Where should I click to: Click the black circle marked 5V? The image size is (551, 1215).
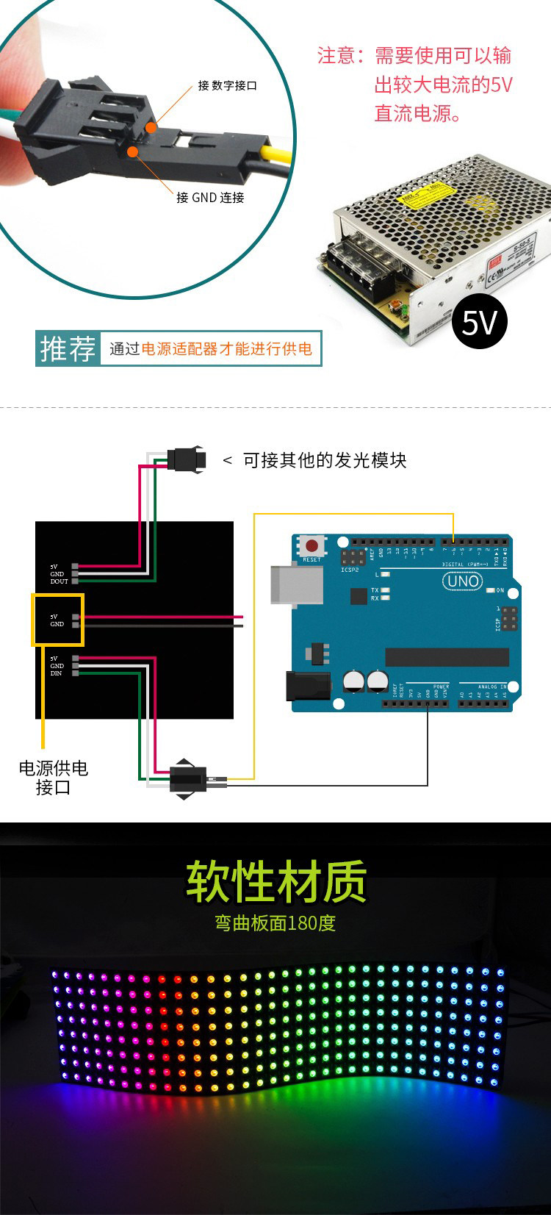tap(480, 322)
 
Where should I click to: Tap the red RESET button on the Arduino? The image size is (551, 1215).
tap(312, 546)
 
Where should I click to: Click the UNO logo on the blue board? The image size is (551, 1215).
tap(462, 581)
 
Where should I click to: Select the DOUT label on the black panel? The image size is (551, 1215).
tap(59, 581)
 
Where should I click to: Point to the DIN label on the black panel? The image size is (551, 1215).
tap(57, 673)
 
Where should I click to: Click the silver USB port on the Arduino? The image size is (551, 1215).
tap(296, 584)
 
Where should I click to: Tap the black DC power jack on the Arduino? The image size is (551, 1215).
tap(308, 687)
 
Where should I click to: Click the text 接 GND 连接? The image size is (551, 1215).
tap(210, 198)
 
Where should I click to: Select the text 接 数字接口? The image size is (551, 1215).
tap(227, 86)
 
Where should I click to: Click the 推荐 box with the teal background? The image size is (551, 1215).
tap(68, 348)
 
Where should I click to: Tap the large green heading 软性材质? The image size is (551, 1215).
tap(275, 881)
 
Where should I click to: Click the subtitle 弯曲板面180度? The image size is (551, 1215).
tap(275, 923)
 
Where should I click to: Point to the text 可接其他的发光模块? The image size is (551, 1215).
tap(324, 460)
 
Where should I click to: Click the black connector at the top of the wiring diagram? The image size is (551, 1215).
tap(186, 460)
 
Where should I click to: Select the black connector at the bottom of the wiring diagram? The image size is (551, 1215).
tap(188, 779)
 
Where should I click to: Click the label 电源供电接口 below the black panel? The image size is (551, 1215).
tap(53, 778)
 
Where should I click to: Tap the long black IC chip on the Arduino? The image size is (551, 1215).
tap(447, 657)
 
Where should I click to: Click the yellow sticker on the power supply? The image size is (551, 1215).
tap(419, 195)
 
